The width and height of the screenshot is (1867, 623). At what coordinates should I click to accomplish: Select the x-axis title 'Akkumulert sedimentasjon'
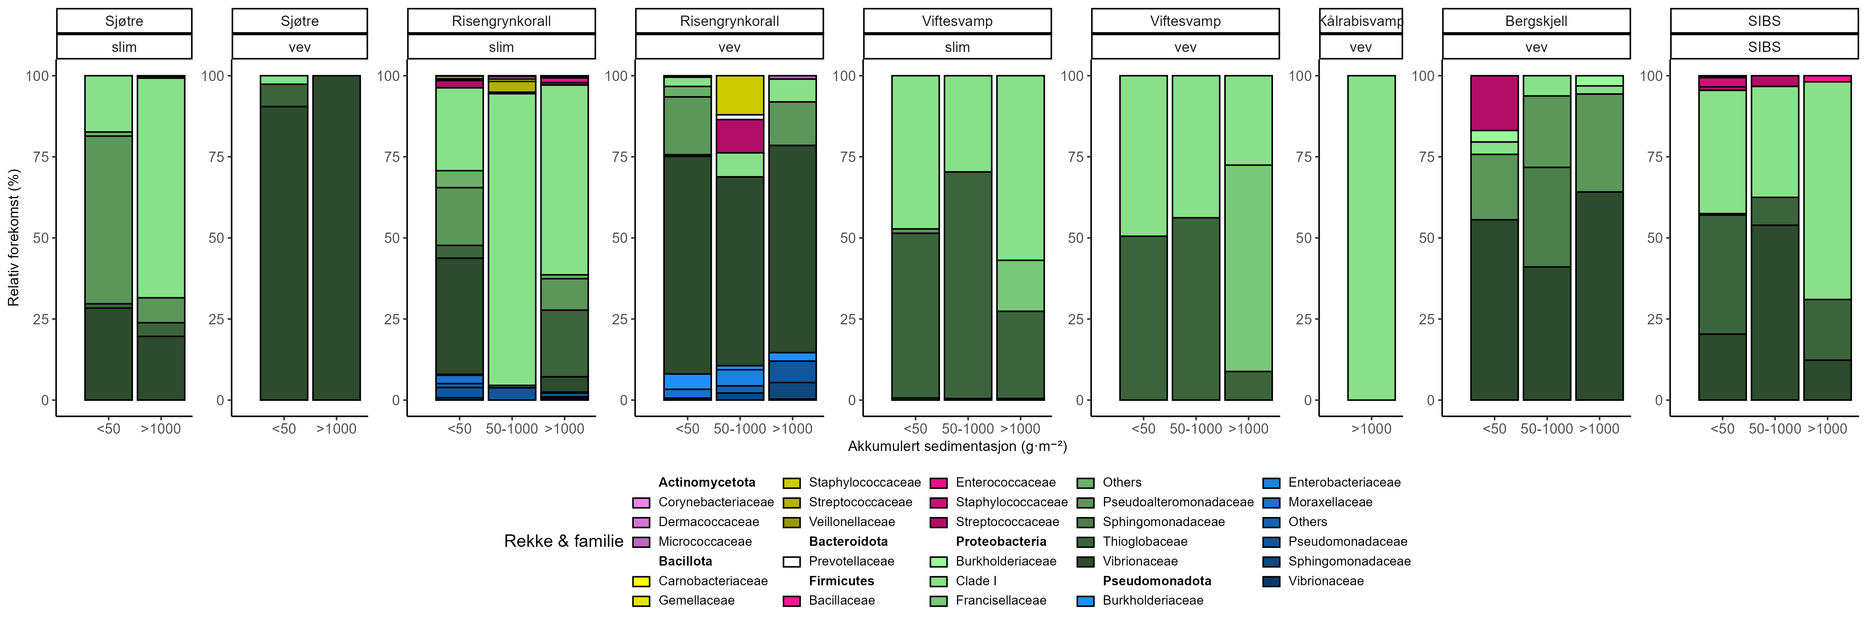(x=957, y=446)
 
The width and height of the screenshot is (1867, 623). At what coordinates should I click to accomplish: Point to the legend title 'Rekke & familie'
(x=563, y=541)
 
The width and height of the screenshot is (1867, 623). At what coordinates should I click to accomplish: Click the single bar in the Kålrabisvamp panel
(x=1371, y=238)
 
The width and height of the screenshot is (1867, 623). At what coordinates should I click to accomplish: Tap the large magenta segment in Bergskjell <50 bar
(x=1494, y=103)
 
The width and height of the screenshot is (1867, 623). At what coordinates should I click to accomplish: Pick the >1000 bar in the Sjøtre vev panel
(x=336, y=238)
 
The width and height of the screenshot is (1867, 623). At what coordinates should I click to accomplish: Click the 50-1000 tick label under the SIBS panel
(x=1774, y=428)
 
